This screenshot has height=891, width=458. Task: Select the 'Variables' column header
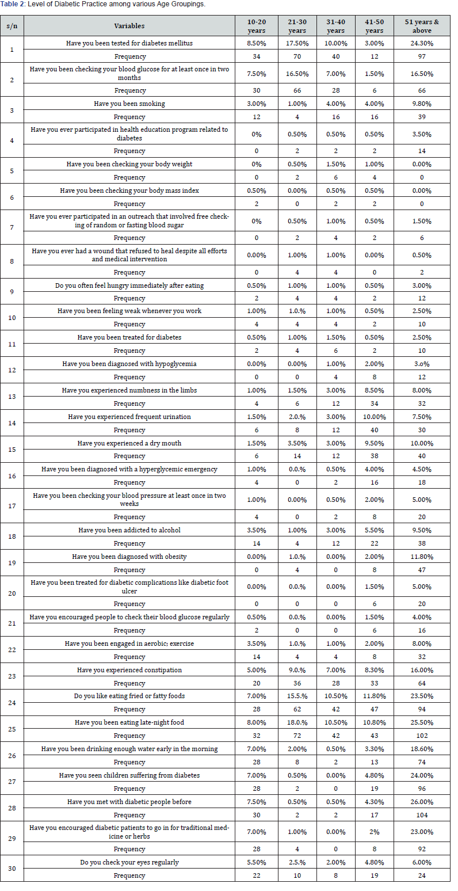click(129, 26)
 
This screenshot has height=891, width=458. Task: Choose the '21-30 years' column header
click(297, 26)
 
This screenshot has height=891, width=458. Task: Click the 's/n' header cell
click(12, 26)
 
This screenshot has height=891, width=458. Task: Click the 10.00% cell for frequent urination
click(374, 417)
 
